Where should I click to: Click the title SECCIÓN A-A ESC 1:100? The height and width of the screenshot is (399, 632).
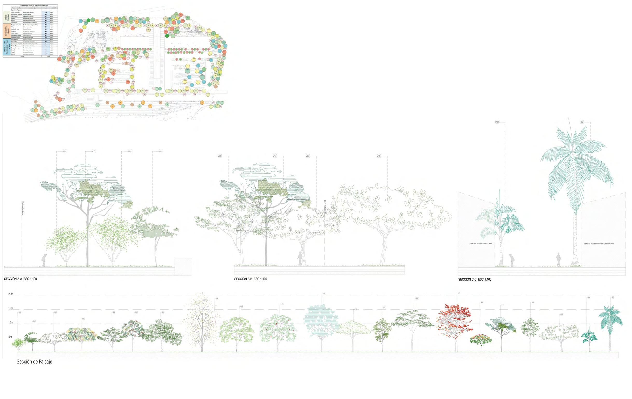coord(20,279)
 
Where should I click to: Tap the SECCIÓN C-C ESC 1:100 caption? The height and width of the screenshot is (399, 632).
coord(475,280)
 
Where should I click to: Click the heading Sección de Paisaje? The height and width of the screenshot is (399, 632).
coord(34,362)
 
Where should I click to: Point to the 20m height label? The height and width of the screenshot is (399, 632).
coord(11,294)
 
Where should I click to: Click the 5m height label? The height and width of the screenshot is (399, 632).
coord(10,337)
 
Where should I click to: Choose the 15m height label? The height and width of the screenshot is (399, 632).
coord(11,308)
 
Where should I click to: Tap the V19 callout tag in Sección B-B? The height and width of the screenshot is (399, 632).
coord(378,156)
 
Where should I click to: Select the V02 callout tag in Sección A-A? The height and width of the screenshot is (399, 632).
coord(161,152)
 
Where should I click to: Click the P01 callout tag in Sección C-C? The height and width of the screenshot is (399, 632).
coord(497,122)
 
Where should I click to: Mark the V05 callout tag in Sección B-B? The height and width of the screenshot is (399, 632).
coord(220,156)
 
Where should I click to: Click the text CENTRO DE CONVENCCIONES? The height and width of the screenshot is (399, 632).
coord(481,244)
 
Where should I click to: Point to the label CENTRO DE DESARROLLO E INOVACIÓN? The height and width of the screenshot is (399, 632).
coord(599,244)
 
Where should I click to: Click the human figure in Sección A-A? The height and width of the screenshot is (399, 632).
coord(45,260)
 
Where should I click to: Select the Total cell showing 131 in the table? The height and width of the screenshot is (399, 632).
coord(46,12)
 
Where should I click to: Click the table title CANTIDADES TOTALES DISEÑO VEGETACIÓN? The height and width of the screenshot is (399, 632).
coord(34,6)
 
